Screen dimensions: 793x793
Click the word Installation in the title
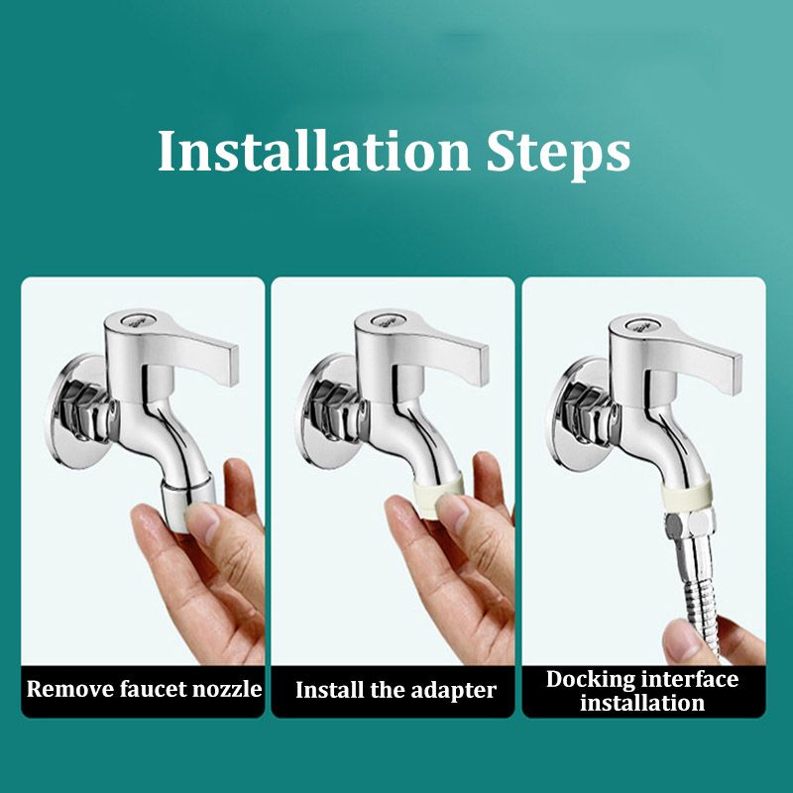314,152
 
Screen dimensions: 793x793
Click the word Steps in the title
558,155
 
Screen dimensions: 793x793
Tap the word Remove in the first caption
70,689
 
